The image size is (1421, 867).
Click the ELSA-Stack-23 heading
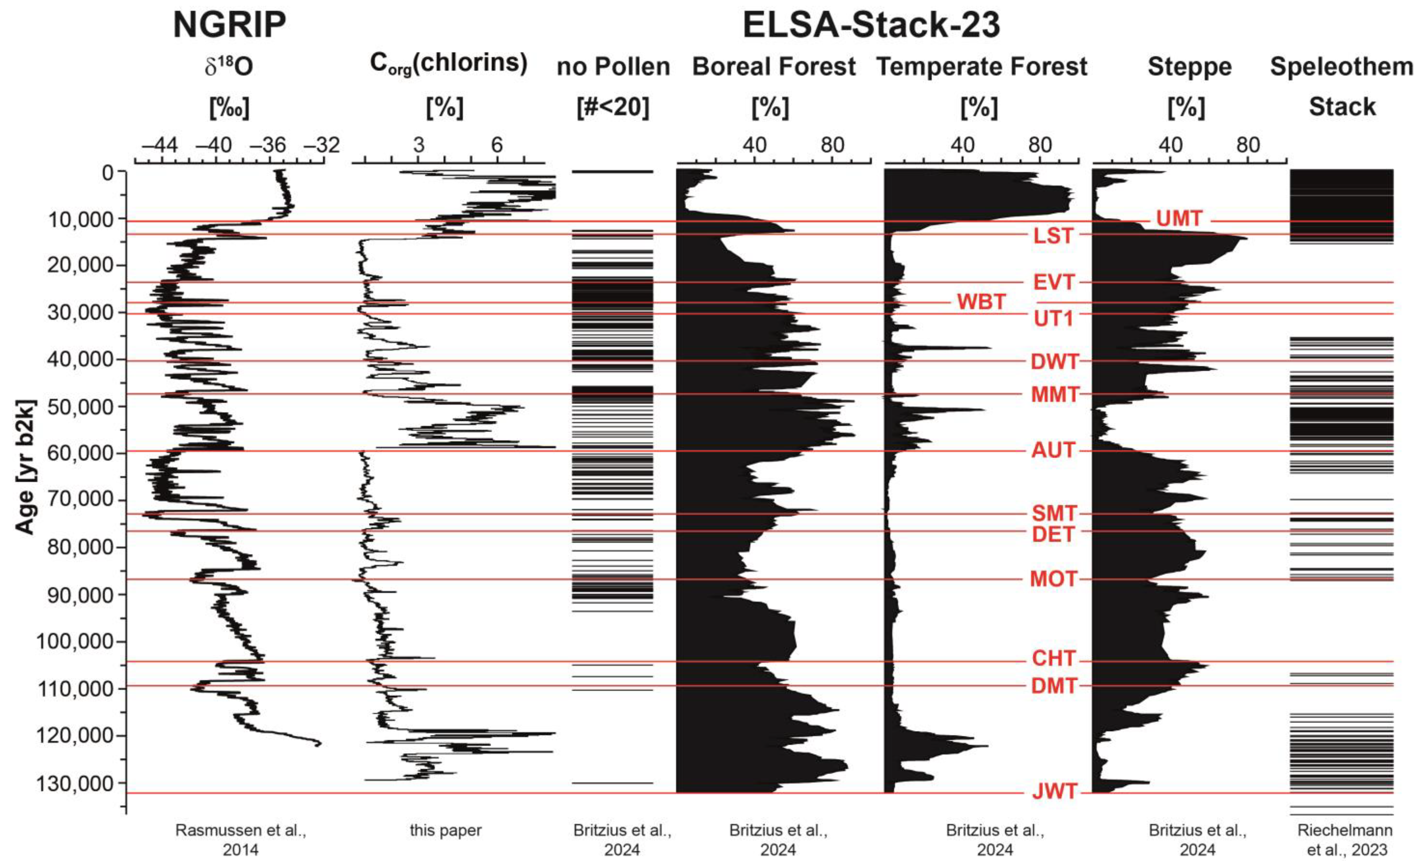click(871, 25)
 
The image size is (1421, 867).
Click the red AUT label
click(1053, 450)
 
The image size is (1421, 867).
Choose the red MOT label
click(1053, 579)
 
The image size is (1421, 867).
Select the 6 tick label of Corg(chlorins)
click(497, 145)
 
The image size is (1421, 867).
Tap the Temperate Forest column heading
click(982, 67)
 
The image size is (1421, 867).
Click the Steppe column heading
click(1189, 67)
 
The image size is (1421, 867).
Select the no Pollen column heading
click(613, 67)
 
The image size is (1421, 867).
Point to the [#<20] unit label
click(613, 107)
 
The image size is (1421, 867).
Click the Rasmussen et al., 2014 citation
click(240, 840)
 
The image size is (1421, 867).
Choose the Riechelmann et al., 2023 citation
click(1344, 840)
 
